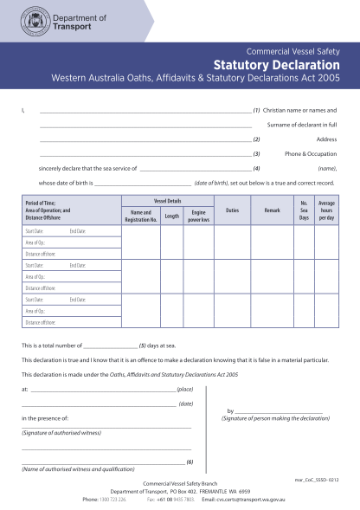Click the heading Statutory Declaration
click(276, 65)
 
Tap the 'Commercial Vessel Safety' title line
click(292, 51)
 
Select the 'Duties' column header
click(232, 210)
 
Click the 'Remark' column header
click(272, 210)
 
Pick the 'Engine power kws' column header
click(198, 215)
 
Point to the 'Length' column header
click(171, 216)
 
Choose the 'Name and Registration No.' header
click(140, 215)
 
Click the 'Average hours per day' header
click(327, 210)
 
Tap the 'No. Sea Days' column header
click(304, 210)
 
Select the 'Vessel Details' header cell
click(167, 200)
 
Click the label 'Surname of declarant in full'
click(302, 125)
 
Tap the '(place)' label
click(185, 390)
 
